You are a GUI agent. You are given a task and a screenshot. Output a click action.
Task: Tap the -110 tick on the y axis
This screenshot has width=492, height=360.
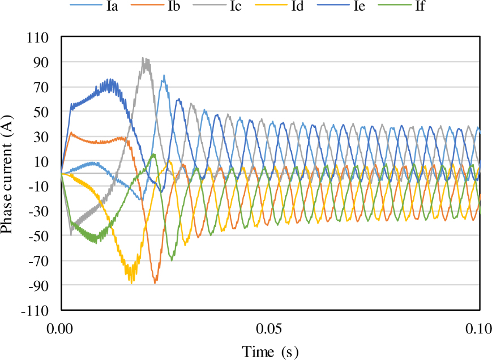pos(35,311)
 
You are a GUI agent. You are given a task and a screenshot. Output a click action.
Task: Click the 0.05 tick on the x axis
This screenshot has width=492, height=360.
pos(269,329)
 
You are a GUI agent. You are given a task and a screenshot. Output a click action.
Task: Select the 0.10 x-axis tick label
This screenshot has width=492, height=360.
pos(479,329)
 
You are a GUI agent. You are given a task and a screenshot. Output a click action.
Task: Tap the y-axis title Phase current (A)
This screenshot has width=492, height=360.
pos(10,173)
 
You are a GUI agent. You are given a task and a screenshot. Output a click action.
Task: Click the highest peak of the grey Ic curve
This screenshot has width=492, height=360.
pos(143,58)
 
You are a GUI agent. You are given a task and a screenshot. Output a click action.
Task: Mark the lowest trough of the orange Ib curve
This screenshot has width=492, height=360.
pos(155,282)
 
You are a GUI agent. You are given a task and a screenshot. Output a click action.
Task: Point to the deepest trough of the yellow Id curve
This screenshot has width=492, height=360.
pos(132,281)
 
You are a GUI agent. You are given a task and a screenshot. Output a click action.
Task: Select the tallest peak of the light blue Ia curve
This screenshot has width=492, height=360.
pos(164,75)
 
